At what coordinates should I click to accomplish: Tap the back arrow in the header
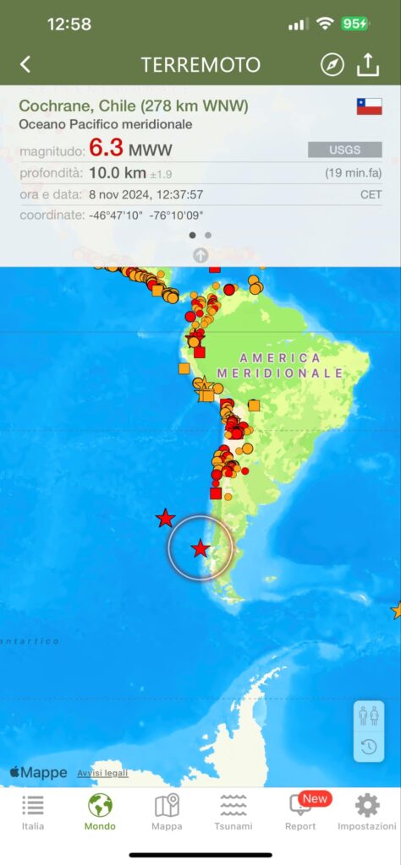point(25,64)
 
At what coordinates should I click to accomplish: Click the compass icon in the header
point(332,64)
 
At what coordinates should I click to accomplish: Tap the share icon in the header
point(368,64)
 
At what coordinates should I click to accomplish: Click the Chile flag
point(369,106)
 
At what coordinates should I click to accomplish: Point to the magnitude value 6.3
point(107,149)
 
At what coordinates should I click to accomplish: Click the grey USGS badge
point(344,150)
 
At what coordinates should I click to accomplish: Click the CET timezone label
point(371,194)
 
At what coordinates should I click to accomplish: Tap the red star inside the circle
point(200,549)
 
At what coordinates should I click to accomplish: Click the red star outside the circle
point(166,519)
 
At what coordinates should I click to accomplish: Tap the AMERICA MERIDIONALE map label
point(280,365)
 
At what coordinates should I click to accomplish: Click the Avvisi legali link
point(102,773)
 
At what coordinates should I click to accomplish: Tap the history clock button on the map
point(369,746)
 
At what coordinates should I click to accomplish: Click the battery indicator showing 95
point(354,24)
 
